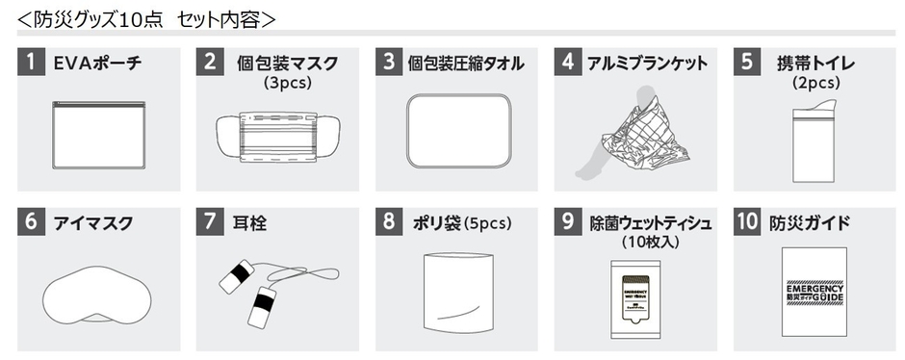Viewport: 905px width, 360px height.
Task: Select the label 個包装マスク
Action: [287, 64]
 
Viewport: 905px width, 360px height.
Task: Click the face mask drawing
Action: [277, 136]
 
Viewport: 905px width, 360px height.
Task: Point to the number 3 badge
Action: [390, 64]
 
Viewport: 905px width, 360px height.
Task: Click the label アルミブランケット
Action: [647, 64]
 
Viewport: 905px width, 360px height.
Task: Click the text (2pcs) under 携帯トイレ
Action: [816, 84]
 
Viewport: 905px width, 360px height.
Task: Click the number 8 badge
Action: [390, 222]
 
